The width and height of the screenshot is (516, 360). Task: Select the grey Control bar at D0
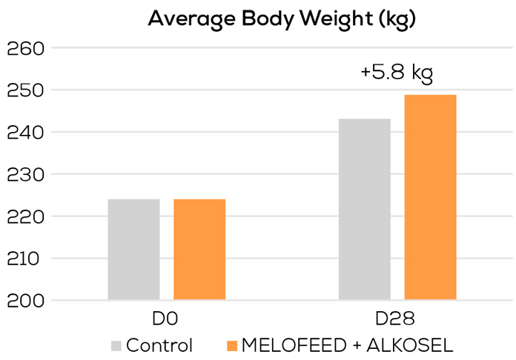(x=133, y=250)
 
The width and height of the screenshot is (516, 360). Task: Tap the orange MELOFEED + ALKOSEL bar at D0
(x=199, y=250)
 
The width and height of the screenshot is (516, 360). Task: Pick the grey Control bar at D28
(x=365, y=210)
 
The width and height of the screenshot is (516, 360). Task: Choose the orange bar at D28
(x=430, y=198)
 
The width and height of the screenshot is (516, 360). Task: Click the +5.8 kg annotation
(x=396, y=73)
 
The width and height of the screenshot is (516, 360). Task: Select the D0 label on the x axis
(x=166, y=320)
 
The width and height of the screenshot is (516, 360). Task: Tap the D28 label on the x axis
(x=397, y=320)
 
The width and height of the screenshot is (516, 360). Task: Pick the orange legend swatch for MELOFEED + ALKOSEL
(x=231, y=346)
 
